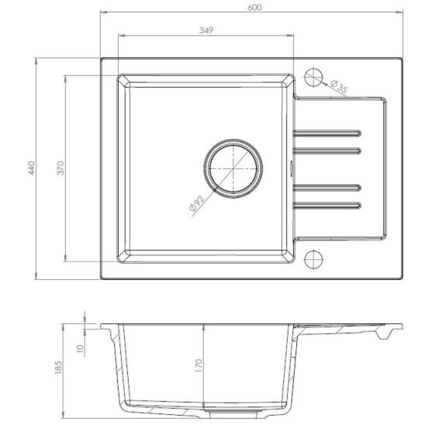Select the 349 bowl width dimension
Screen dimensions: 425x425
click(206, 30)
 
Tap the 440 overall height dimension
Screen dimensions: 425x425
click(32, 168)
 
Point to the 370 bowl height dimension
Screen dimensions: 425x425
click(58, 168)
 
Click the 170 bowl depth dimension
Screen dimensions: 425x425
click(199, 364)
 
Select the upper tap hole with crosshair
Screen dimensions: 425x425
click(314, 77)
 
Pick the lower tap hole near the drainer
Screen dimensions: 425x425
click(314, 259)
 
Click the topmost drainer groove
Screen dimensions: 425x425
click(327, 130)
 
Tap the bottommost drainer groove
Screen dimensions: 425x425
click(327, 206)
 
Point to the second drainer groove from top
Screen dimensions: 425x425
click(327, 148)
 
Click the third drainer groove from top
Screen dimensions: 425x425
click(327, 187)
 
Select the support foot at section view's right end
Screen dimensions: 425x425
click(382, 335)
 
